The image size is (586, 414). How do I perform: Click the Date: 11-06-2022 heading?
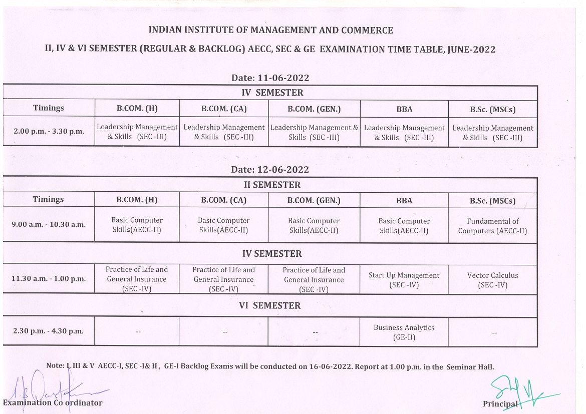click(270, 78)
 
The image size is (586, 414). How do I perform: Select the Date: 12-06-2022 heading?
click(270, 170)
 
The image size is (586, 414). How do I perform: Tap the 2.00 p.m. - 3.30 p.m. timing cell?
click(48, 131)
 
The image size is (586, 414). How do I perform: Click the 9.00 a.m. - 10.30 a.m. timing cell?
click(48, 224)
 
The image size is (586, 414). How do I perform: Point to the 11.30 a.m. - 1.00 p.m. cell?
click(48, 279)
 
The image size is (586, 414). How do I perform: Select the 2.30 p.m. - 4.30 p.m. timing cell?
click(48, 331)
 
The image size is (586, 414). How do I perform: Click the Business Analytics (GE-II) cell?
click(404, 332)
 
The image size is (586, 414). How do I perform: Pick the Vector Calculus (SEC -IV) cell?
click(492, 280)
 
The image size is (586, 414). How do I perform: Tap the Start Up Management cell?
click(404, 280)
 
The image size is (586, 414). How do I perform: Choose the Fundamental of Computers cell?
click(492, 226)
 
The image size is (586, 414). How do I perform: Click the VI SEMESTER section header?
click(270, 306)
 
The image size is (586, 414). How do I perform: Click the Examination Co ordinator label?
click(53, 402)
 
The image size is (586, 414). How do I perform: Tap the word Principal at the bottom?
click(500, 403)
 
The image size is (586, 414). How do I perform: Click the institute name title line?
click(270, 31)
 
